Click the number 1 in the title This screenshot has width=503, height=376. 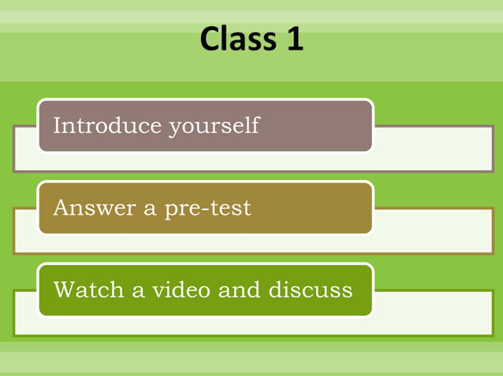(294, 39)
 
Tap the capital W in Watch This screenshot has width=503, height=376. (62, 290)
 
